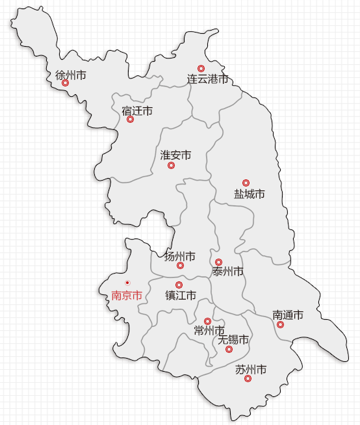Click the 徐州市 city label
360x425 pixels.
pyautogui.click(x=71, y=75)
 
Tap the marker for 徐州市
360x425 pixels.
pyautogui.click(x=65, y=83)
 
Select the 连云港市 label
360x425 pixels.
pyautogui.click(x=208, y=79)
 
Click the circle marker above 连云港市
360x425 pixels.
pyautogui.click(x=201, y=68)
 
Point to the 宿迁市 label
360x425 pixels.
pyautogui.click(x=137, y=111)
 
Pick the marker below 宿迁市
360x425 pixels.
pyautogui.click(x=130, y=120)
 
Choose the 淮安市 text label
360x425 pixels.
pyautogui.click(x=175, y=155)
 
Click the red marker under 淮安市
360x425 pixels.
pyautogui.click(x=171, y=166)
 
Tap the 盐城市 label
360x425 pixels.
pyautogui.click(x=250, y=194)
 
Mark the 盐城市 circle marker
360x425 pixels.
pyautogui.click(x=246, y=183)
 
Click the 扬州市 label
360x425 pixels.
pyautogui.click(x=180, y=256)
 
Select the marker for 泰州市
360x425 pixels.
pyautogui.click(x=218, y=263)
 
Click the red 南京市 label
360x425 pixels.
pyautogui.click(x=127, y=295)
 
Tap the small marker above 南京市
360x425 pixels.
pyautogui.click(x=127, y=283)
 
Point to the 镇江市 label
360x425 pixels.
pyautogui.click(x=181, y=295)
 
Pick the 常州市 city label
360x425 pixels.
pyautogui.click(x=209, y=331)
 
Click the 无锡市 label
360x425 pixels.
pyautogui.click(x=233, y=339)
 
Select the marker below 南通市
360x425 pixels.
pyautogui.click(x=280, y=324)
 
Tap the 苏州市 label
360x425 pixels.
pyautogui.click(x=251, y=370)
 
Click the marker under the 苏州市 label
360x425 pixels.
pyautogui.click(x=248, y=379)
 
